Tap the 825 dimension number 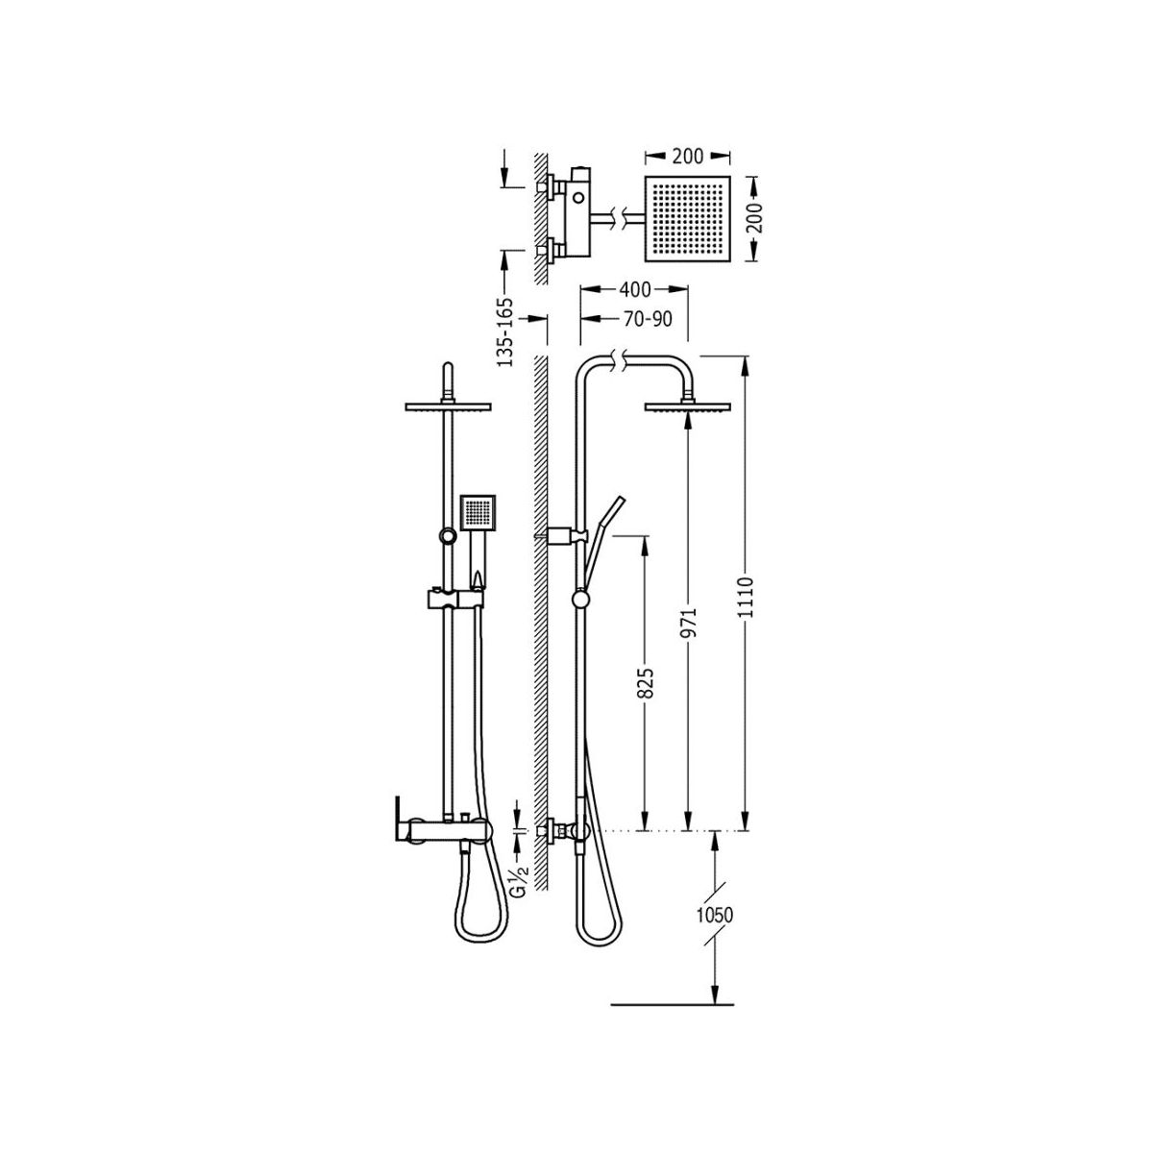[647, 681]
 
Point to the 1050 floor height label [715, 916]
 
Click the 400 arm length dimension [635, 289]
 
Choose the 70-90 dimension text [648, 320]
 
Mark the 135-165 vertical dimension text [506, 331]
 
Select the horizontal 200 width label [688, 157]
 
